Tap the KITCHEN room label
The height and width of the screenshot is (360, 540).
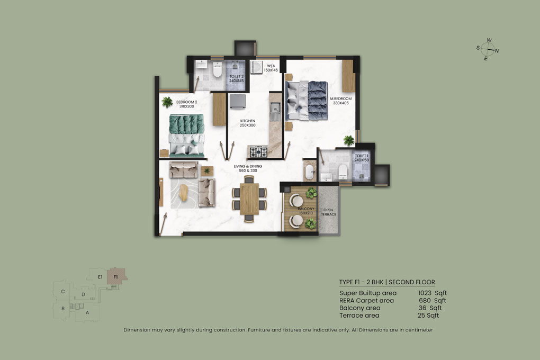tap(247, 123)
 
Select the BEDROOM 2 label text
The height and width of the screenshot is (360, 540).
tap(172, 104)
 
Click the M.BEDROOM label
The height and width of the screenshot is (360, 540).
tap(340, 101)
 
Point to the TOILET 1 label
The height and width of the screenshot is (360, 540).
tap(362, 158)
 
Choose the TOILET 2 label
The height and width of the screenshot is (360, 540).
tap(236, 78)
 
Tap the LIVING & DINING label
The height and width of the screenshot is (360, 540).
tap(248, 168)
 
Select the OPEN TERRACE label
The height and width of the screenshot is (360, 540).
tap(329, 212)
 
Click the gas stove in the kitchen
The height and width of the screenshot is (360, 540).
tap(258, 152)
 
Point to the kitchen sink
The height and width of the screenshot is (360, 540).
tap(275, 110)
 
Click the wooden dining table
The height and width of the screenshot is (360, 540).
tap(249, 199)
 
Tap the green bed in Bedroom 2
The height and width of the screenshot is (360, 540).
tap(186, 136)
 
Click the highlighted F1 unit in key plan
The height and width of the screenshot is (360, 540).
tap(116, 276)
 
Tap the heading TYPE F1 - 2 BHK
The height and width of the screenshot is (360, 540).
tap(386, 282)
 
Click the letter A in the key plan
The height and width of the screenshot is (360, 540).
tap(87, 312)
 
